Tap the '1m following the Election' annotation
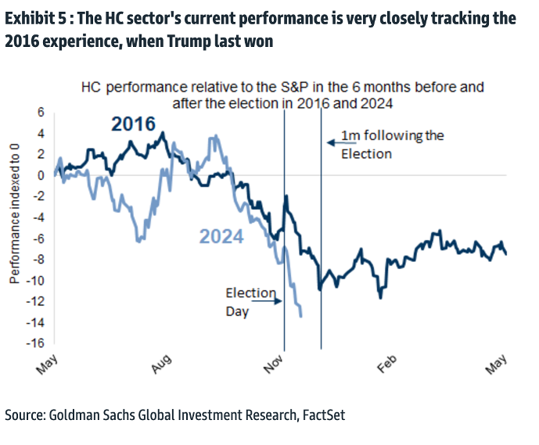click(391, 145)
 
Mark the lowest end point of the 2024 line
click(301, 315)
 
